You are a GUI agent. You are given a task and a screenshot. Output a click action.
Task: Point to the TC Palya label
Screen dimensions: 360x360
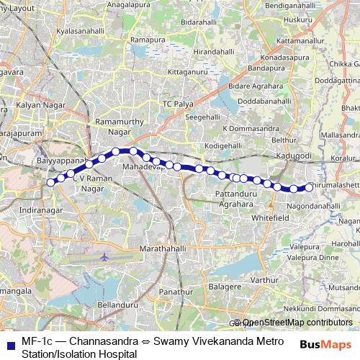pyautogui.click(x=177, y=104)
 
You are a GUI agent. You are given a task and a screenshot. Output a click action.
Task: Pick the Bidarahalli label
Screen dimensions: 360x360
pyautogui.click(x=198, y=22)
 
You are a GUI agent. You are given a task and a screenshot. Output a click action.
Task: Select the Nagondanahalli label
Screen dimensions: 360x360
pyautogui.click(x=312, y=205)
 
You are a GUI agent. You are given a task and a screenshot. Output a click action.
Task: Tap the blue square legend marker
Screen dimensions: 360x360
pyautogui.click(x=10, y=341)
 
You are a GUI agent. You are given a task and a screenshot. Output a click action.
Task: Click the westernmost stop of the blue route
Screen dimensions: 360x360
pyautogui.click(x=50, y=182)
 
